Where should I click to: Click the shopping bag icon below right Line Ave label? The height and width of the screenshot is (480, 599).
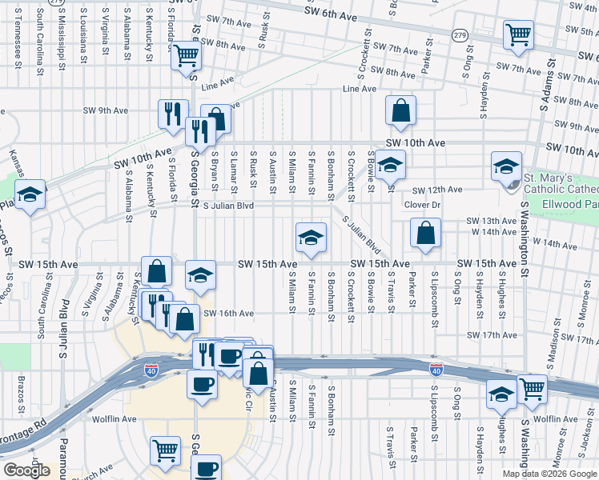400,110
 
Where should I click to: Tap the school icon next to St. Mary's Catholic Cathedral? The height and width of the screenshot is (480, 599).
506,166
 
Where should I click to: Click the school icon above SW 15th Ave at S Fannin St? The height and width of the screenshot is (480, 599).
311,237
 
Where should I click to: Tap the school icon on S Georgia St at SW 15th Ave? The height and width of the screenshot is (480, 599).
200,276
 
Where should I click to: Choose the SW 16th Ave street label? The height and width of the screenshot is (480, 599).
228,314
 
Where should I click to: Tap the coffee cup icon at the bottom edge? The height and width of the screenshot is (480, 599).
207,468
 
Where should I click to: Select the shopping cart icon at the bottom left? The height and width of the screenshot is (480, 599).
165,450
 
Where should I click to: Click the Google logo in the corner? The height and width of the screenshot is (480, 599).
26,470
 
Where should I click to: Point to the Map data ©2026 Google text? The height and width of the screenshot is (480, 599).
549,474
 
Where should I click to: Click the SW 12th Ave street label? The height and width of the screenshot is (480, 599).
437,190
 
